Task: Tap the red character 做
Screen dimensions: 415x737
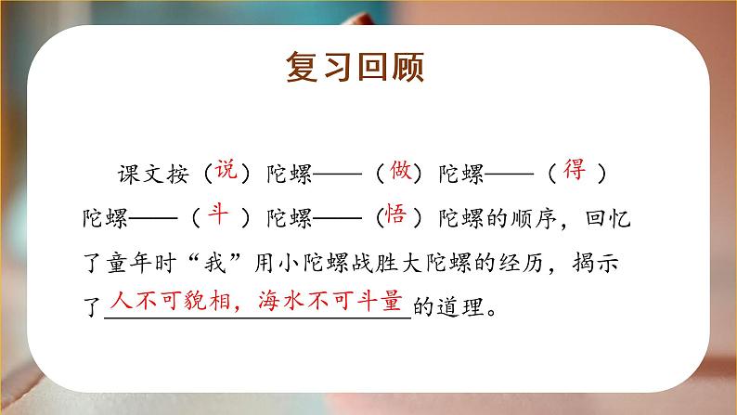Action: pos(400,170)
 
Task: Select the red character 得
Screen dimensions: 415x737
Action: pos(575,170)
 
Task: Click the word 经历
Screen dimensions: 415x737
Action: pos(551,264)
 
